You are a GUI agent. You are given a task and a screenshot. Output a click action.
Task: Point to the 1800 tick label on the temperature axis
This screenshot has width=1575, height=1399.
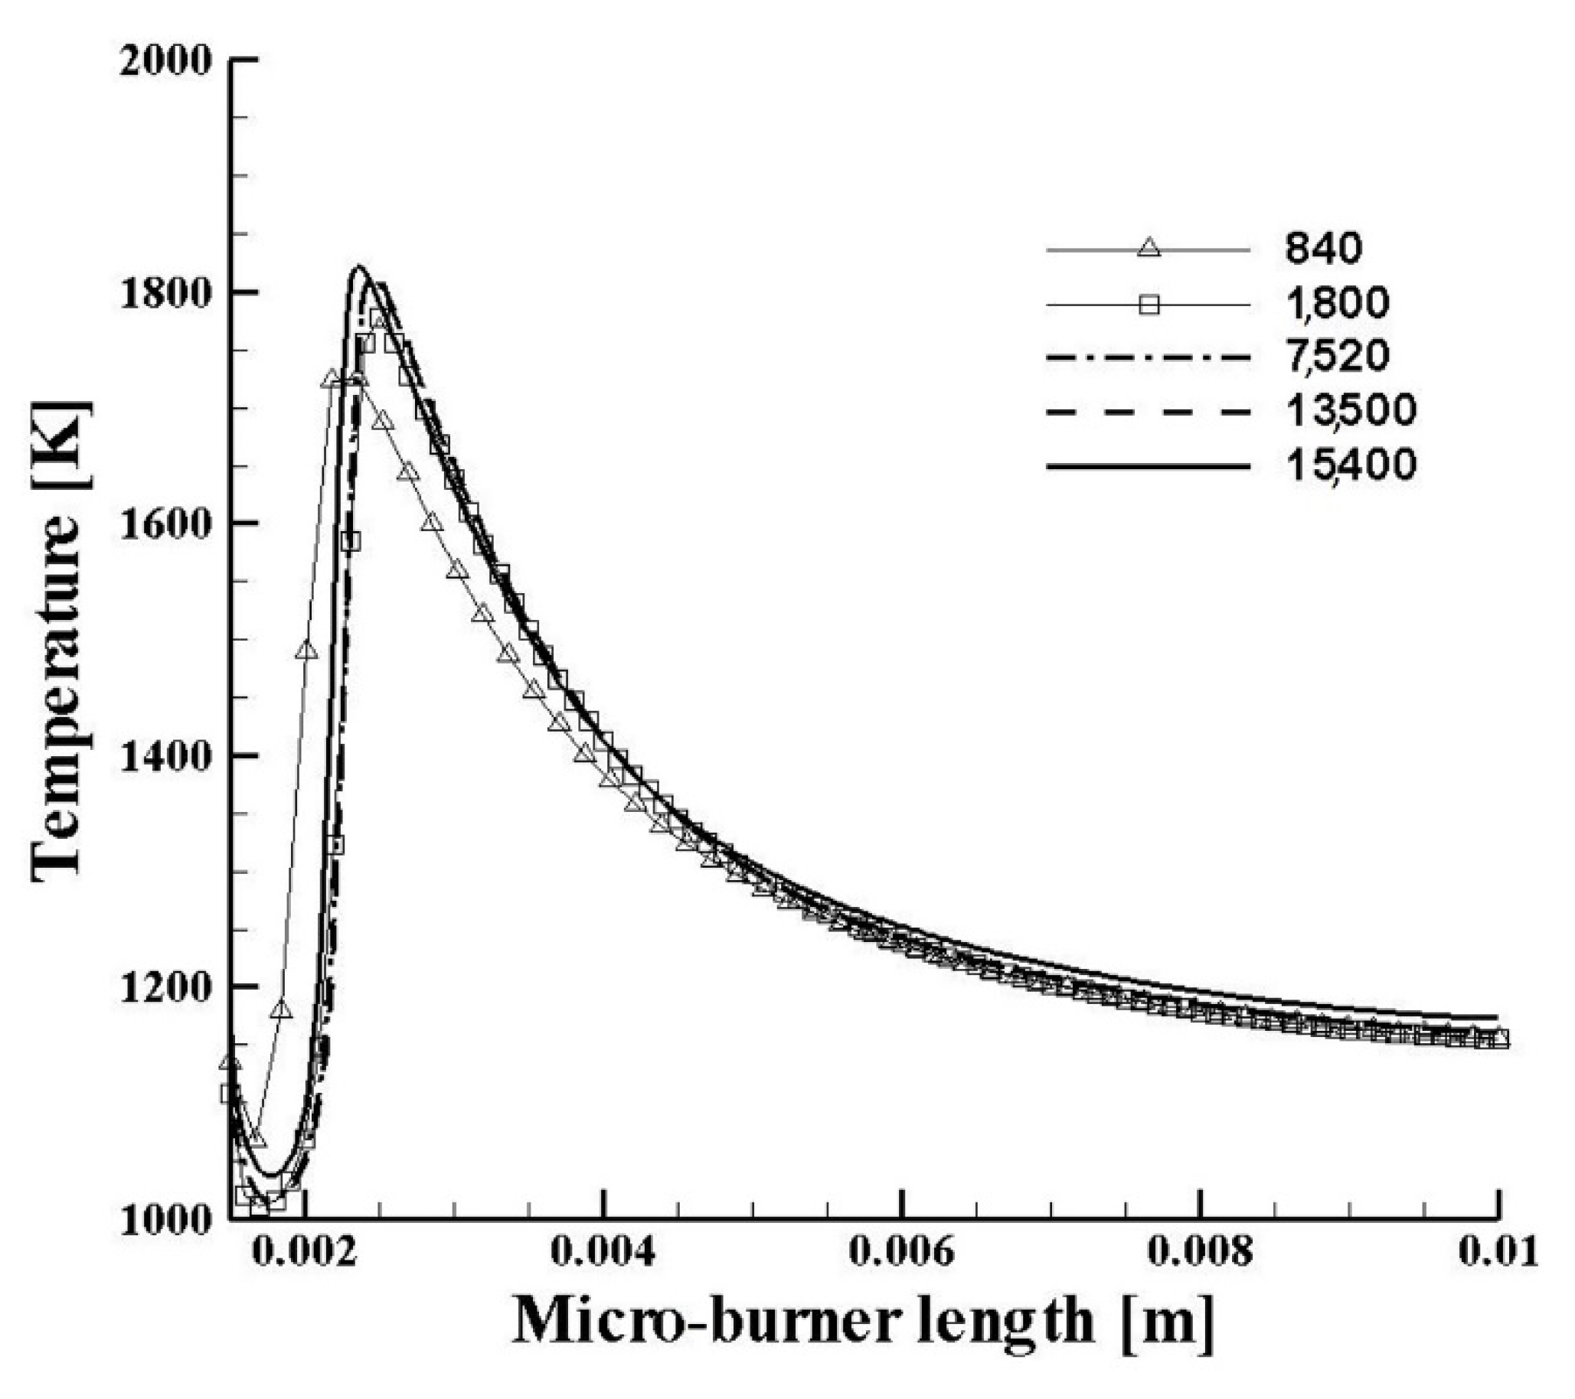coord(165,294)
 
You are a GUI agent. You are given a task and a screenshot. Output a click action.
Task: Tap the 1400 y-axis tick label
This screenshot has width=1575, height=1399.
coord(165,755)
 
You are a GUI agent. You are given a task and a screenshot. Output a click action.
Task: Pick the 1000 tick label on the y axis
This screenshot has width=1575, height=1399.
coord(165,1218)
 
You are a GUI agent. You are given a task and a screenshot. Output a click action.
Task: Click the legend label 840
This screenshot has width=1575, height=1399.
coord(1323,248)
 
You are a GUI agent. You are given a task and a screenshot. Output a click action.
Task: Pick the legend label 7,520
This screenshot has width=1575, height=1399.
coord(1337,356)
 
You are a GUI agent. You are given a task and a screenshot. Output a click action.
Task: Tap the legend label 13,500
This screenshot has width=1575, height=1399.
coord(1350,411)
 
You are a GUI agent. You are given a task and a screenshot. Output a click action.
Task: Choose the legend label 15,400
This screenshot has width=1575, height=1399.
coord(1350,465)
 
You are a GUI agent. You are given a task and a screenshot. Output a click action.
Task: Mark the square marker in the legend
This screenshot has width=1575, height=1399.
coord(1149,306)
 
